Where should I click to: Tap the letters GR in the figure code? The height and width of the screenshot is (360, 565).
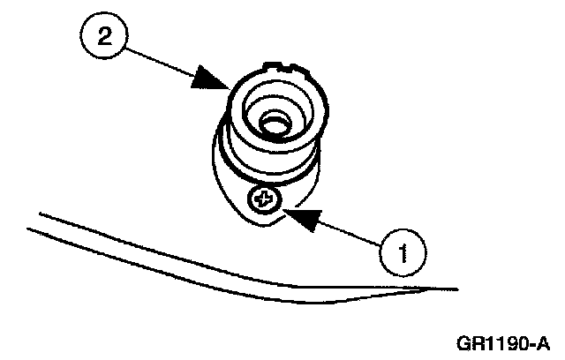point(468,341)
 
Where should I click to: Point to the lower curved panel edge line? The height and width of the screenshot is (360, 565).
point(177,269)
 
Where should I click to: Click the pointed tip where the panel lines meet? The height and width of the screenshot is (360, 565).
point(456,288)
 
